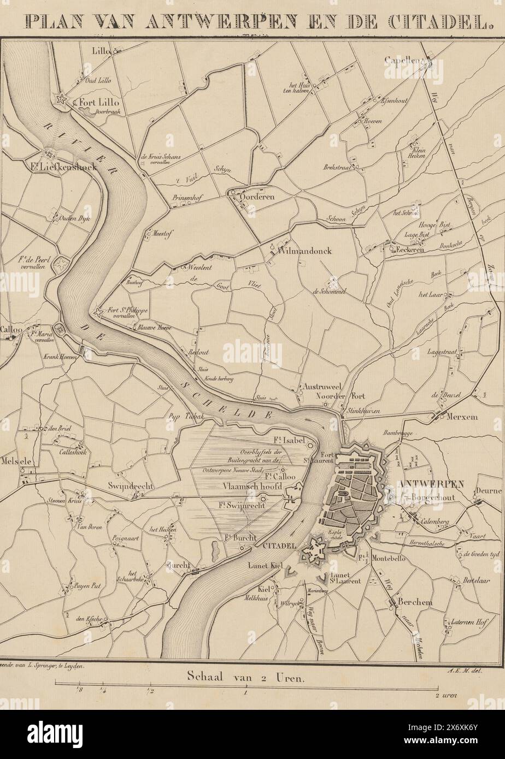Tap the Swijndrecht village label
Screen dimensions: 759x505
(128, 486)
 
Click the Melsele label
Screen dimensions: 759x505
(17, 460)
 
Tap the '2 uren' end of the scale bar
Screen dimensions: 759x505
(445, 695)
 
